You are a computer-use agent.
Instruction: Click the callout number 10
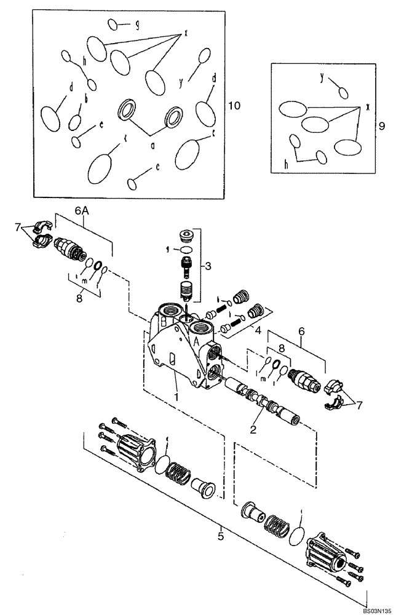pyautogui.click(x=234, y=106)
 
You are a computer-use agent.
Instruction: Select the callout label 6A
pyautogui.click(x=82, y=210)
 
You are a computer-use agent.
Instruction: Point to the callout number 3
pyautogui.click(x=208, y=266)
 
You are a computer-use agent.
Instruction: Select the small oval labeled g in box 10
pyautogui.click(x=113, y=25)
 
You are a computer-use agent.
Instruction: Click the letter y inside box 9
pyautogui.click(x=322, y=76)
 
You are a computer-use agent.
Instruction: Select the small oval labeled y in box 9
pyautogui.click(x=344, y=92)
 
